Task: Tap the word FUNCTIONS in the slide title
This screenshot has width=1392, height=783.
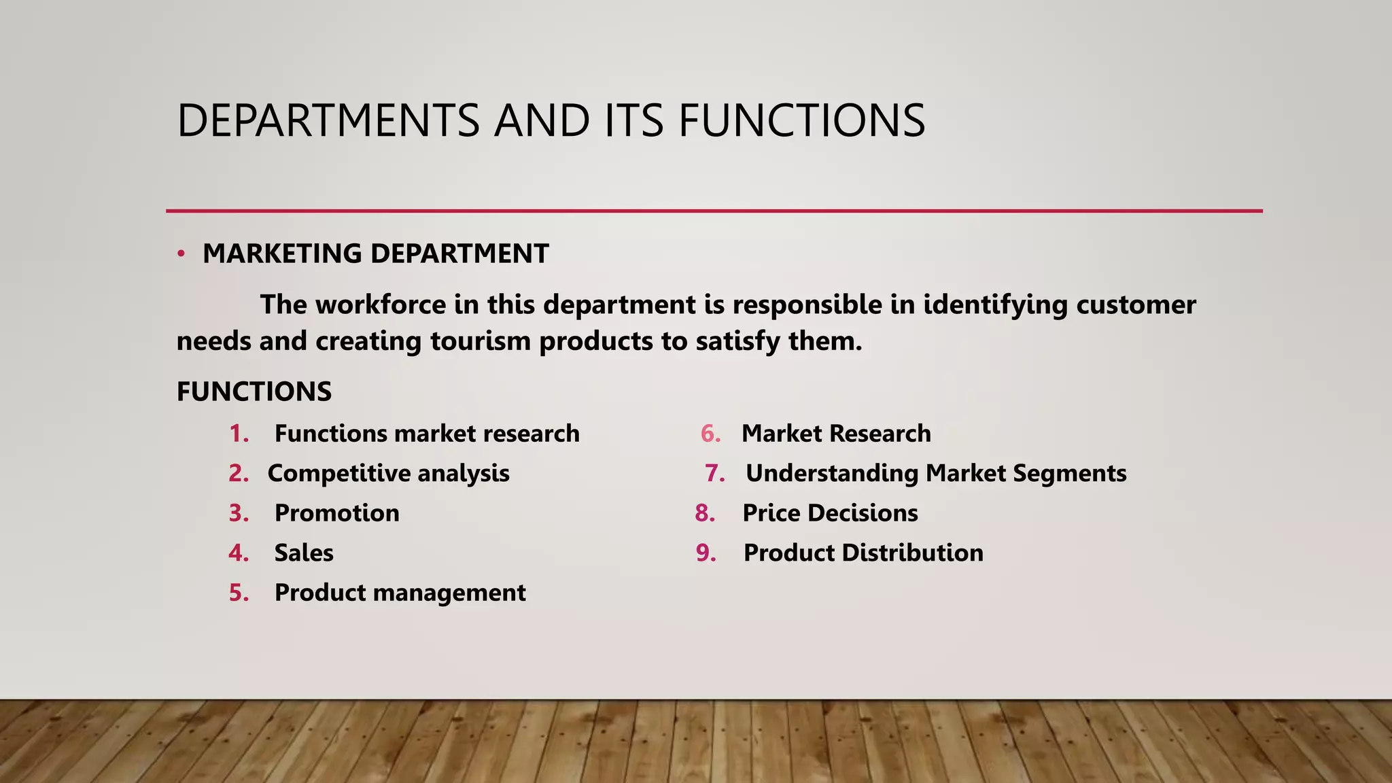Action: click(801, 121)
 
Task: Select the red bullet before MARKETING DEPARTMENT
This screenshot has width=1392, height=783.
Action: click(181, 254)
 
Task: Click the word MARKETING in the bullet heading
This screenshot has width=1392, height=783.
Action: click(282, 254)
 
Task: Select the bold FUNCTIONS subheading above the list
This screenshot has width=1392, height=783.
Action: click(254, 391)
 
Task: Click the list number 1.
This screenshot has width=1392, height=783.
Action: click(239, 434)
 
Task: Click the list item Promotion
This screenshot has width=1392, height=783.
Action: click(336, 513)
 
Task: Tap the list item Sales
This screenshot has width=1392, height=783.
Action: click(304, 553)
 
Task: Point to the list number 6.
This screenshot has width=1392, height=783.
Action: click(710, 434)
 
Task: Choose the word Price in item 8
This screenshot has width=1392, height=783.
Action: click(771, 513)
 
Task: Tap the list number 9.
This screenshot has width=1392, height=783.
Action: click(706, 553)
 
